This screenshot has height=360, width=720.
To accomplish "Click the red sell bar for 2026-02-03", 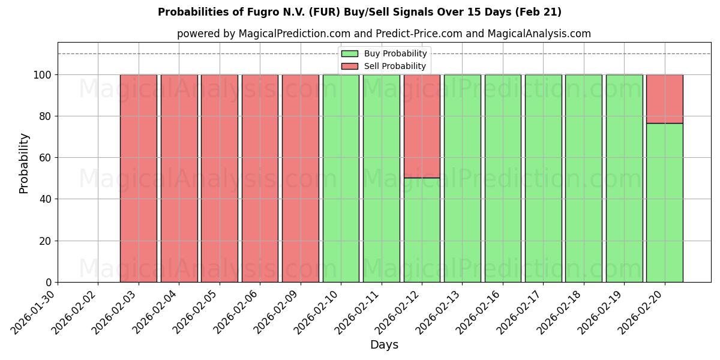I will click(x=138, y=178).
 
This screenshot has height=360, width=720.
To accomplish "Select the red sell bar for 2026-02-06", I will click(x=260, y=178).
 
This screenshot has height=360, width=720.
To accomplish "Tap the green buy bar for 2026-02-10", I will click(x=341, y=178).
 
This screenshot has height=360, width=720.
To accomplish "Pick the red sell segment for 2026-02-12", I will click(x=422, y=126).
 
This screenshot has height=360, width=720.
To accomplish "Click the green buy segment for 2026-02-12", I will click(x=422, y=230).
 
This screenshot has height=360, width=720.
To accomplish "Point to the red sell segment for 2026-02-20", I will click(x=664, y=99).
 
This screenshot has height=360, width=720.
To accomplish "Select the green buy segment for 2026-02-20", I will click(x=664, y=203).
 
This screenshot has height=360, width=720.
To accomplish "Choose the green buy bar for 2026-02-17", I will click(x=543, y=178).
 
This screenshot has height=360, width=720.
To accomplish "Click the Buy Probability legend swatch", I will click(x=349, y=54).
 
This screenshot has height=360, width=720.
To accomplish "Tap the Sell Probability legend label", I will click(x=395, y=67).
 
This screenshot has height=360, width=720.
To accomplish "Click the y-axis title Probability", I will click(x=24, y=163).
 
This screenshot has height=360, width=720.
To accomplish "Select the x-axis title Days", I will click(x=384, y=345).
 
